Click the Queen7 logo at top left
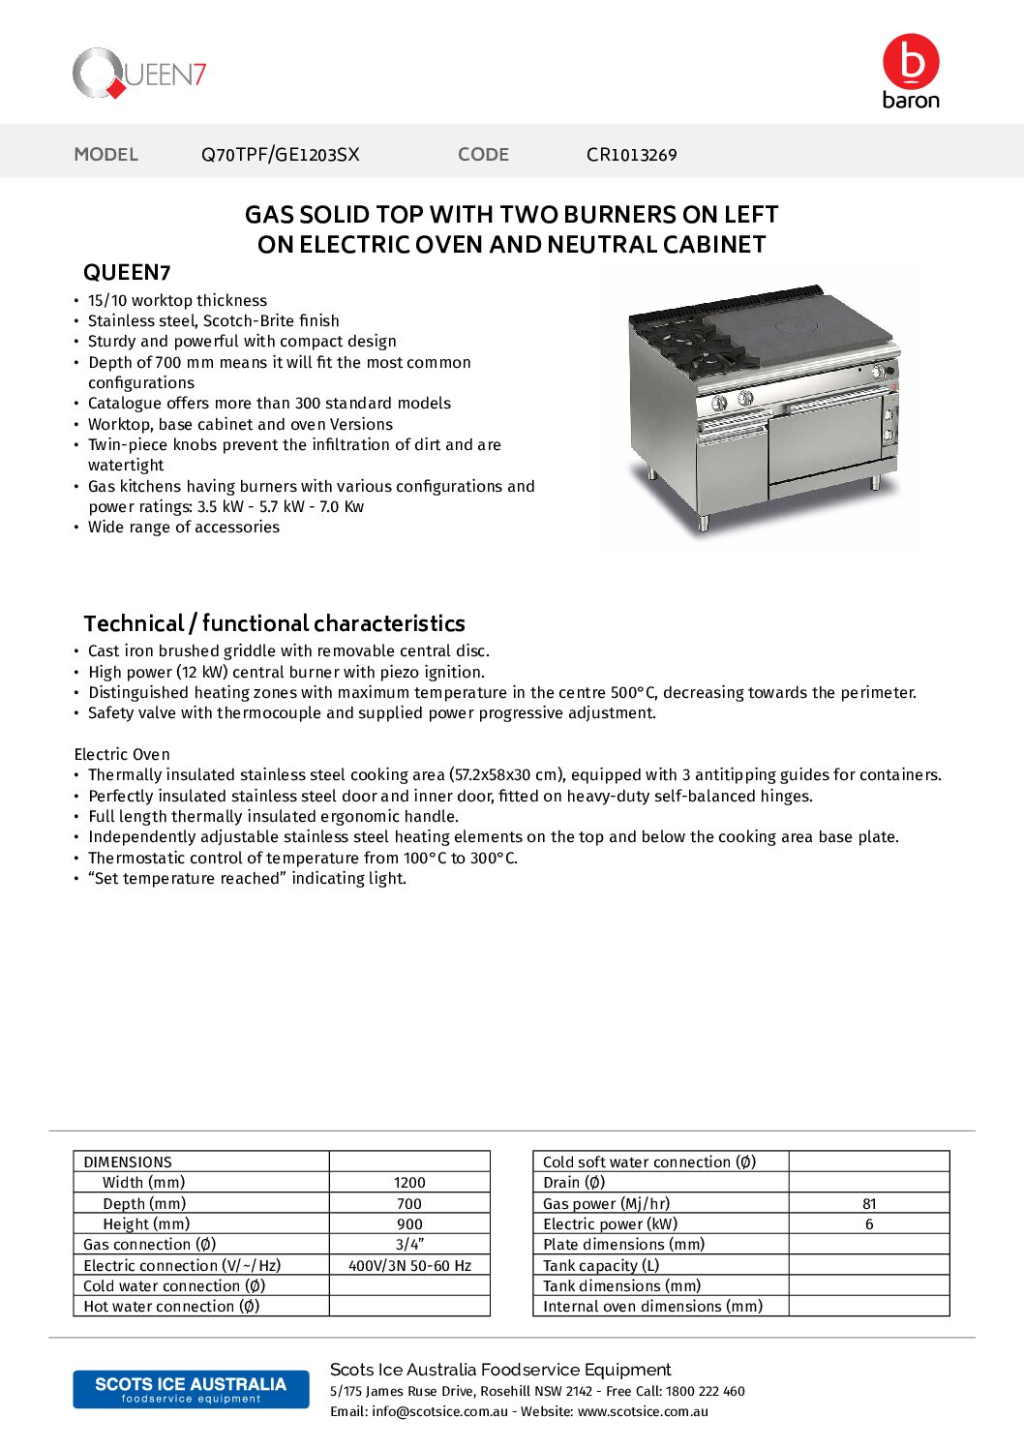click(x=139, y=74)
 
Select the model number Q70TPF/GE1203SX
click(x=280, y=155)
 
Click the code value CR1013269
click(x=631, y=155)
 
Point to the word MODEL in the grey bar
click(x=106, y=155)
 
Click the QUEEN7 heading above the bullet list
click(x=127, y=273)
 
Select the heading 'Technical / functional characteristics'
click(x=274, y=623)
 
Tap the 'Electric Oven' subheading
click(x=122, y=754)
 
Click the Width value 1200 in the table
click(x=409, y=1183)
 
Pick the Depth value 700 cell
click(x=409, y=1204)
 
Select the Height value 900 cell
click(x=409, y=1224)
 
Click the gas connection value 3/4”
click(x=409, y=1245)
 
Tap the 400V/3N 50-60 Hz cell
click(x=409, y=1266)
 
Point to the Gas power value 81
click(x=869, y=1204)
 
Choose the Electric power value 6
click(x=869, y=1224)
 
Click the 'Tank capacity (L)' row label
click(x=601, y=1266)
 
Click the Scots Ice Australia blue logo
click(x=191, y=1389)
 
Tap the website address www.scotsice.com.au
click(x=643, y=1412)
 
